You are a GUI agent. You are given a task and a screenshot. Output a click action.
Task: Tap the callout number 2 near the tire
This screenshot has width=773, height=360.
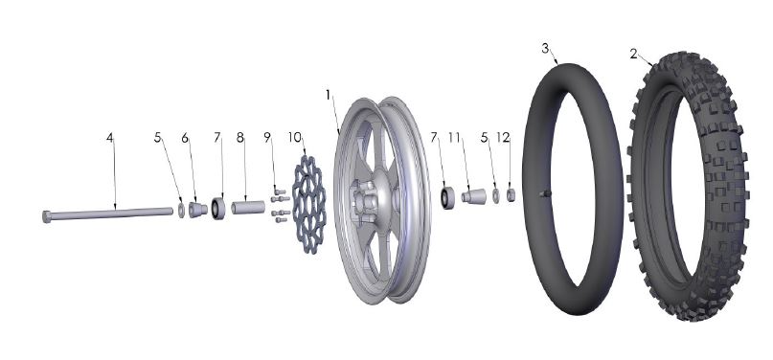point(634,54)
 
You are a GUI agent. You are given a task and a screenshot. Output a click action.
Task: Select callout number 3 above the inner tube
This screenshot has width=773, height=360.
point(545,48)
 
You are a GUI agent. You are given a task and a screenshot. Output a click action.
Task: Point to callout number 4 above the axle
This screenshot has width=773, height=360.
point(110,138)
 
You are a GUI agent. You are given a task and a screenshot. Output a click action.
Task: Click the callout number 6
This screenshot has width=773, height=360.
point(187,138)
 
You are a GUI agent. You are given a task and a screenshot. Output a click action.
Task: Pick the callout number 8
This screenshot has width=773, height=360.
point(240,138)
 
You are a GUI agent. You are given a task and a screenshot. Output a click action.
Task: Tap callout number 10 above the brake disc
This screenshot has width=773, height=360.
point(295,138)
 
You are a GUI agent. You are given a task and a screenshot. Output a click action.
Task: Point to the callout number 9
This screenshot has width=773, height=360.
point(268,138)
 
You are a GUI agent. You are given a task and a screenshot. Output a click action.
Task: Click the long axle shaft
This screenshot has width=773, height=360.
point(115,213)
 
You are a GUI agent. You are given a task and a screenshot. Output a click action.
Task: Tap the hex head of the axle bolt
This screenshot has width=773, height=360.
point(49,216)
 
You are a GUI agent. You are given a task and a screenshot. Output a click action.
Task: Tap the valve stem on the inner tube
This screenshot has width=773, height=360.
point(545,195)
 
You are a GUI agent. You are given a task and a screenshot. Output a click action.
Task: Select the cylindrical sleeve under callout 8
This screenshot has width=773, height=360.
point(247,207)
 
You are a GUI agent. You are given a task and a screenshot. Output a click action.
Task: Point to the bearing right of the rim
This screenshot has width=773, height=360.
point(446,199)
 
